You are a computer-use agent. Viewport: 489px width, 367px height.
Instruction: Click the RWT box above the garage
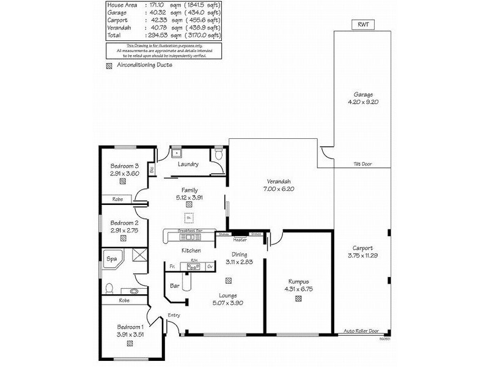pyautogui.click(x=363, y=24)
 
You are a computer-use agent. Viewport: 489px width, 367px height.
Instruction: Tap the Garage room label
pyautogui.click(x=363, y=95)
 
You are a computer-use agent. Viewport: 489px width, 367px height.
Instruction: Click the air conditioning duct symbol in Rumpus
pyautogui.click(x=298, y=299)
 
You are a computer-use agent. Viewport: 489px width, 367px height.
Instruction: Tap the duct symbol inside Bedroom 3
pyautogui.click(x=124, y=181)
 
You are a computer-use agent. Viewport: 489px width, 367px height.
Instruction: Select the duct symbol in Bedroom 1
pyautogui.click(x=130, y=344)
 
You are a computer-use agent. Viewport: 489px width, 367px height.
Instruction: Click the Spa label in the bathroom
pyautogui.click(x=111, y=259)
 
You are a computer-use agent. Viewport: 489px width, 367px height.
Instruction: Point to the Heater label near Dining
pyautogui.click(x=240, y=240)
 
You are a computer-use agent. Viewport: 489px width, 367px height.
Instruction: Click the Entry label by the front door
pyautogui.click(x=174, y=315)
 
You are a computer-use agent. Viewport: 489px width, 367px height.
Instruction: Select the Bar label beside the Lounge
pyautogui.click(x=174, y=285)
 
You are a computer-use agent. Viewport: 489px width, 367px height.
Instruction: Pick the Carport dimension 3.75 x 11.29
pyautogui.click(x=363, y=255)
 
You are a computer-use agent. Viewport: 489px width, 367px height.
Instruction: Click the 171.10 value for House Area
pyautogui.click(x=152, y=5)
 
